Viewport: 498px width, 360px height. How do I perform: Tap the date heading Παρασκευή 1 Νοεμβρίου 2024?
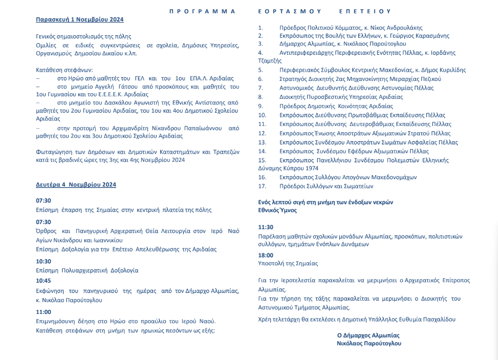tap(79, 19)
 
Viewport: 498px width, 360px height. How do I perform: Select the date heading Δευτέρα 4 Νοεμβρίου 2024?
tap(76, 184)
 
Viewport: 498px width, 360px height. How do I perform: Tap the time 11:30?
tap(266, 227)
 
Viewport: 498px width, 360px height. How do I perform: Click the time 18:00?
tap(266, 255)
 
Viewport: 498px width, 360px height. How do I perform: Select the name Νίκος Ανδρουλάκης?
tap(397, 28)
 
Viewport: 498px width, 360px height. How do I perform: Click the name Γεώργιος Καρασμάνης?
tap(419, 36)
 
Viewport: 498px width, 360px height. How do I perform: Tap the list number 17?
tap(262, 186)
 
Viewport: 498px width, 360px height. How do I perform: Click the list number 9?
tap(261, 105)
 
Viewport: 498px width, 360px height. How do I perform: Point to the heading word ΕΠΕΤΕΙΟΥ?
tap(365, 11)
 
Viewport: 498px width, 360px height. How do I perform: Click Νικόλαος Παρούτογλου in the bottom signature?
tap(369, 344)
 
